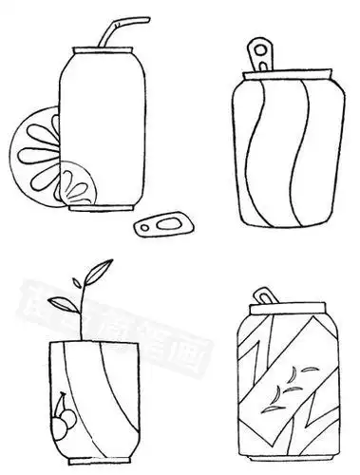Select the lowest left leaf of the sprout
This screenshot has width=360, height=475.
pyautogui.click(x=62, y=305)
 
